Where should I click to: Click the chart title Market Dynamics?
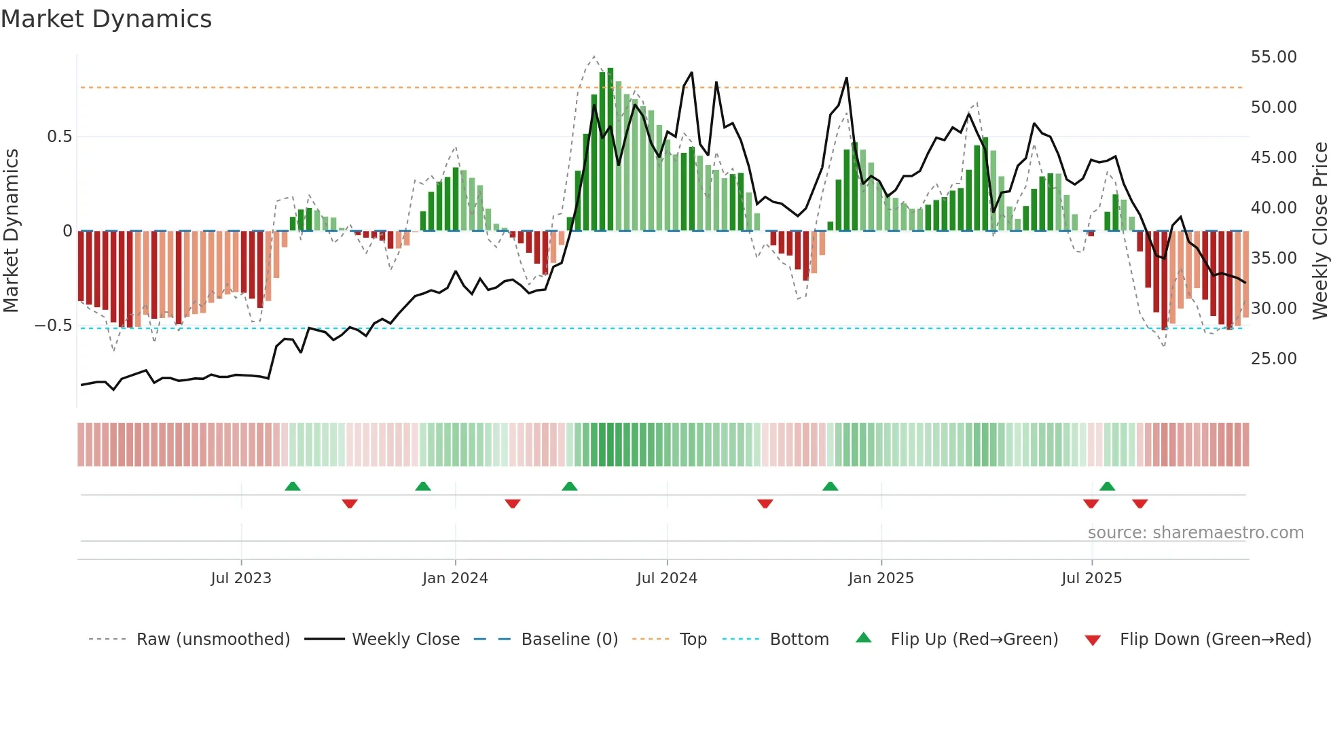click(x=106, y=19)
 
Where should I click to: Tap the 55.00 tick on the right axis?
click(x=1273, y=57)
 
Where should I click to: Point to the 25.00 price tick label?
click(x=1273, y=359)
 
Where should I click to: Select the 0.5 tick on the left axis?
click(x=59, y=137)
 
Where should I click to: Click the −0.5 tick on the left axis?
click(x=54, y=326)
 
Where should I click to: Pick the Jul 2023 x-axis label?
click(x=240, y=578)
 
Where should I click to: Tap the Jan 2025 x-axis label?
click(x=881, y=578)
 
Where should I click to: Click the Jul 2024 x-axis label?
click(x=667, y=578)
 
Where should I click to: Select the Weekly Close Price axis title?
click(x=1319, y=230)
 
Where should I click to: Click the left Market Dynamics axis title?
click(x=11, y=230)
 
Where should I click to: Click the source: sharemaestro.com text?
click(x=1195, y=533)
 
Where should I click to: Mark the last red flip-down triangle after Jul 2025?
click(x=1139, y=504)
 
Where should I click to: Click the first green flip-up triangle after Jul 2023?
click(x=293, y=486)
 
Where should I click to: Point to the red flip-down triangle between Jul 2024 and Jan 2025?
click(x=765, y=504)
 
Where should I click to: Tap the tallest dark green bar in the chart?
click(x=610, y=150)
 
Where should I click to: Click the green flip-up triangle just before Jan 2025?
click(x=830, y=486)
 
